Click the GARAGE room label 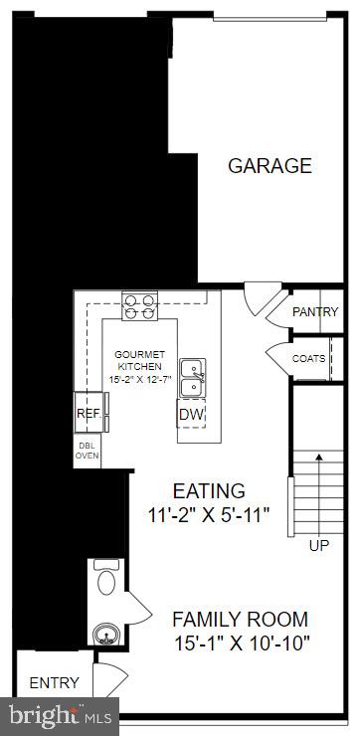pos(270,166)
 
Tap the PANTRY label pos(315,312)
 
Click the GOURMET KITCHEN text pos(138,360)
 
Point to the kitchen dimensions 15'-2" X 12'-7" pos(138,380)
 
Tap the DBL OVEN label pos(88,450)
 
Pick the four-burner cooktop pos(139,305)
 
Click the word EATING pos(209,491)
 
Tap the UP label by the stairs pos(318,546)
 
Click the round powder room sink pos(104,634)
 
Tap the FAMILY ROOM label pos(240,619)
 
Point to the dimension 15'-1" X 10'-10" pos(240,643)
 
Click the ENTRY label pos(54,682)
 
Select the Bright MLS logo pos(59,716)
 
